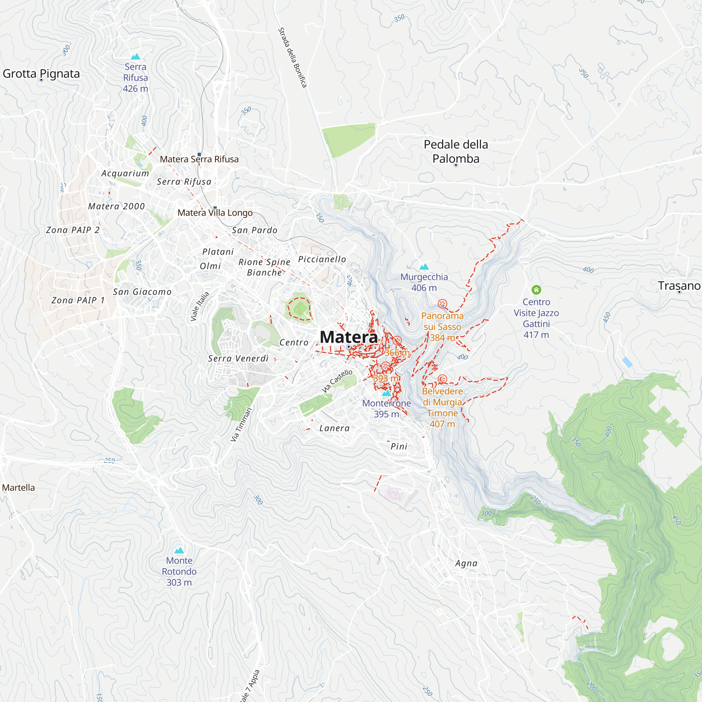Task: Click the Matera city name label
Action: (349, 337)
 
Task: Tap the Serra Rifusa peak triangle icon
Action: (135, 56)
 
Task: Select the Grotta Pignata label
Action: (41, 73)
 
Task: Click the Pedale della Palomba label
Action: (456, 151)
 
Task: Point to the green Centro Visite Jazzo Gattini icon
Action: (536, 290)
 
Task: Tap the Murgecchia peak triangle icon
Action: (424, 267)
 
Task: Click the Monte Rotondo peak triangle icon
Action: (179, 550)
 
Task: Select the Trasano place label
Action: (679, 286)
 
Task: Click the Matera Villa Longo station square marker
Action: (215, 207)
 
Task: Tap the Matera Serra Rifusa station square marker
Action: (199, 154)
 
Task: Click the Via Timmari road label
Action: (241, 424)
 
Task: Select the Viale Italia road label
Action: (200, 306)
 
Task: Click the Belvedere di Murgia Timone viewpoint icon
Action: (442, 379)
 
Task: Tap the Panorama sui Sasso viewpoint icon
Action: (442, 303)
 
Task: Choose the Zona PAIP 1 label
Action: (78, 300)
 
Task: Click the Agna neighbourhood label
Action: (466, 563)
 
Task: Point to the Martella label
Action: (19, 488)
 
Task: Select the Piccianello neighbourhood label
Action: (322, 259)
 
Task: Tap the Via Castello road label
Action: (337, 381)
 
